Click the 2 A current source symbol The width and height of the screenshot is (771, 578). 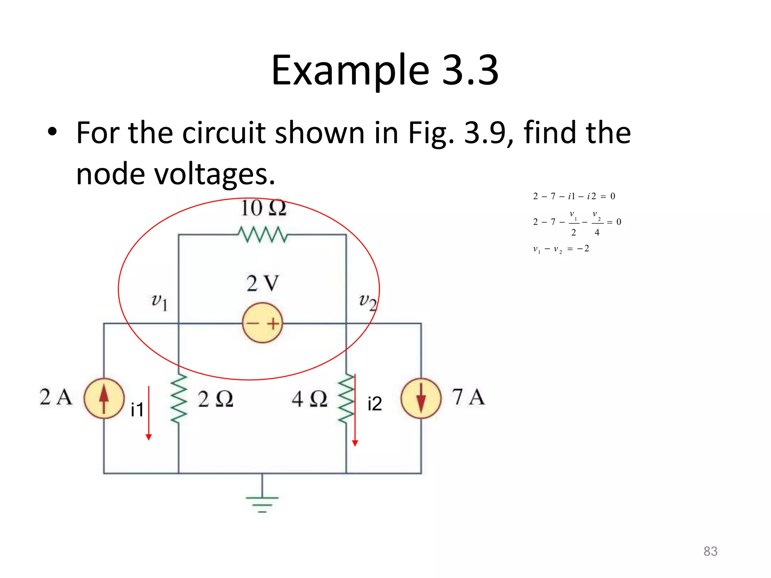(104, 398)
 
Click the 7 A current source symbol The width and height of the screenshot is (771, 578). (421, 398)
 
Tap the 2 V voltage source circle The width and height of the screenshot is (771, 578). (262, 323)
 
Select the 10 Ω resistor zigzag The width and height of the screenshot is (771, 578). (263, 234)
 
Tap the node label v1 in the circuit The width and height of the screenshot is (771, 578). (159, 302)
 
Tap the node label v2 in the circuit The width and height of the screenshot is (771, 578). (367, 302)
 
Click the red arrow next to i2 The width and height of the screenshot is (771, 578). (355, 410)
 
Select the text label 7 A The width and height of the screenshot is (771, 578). (468, 397)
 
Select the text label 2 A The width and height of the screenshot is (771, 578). (56, 397)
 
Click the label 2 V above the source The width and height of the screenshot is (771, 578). (262, 283)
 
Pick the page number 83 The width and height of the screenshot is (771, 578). (710, 551)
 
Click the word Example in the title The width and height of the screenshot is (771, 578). (350, 70)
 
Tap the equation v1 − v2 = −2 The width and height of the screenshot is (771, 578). (561, 249)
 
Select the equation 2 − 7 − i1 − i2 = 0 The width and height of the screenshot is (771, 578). (574, 196)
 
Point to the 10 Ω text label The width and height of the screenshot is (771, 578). (263, 208)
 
